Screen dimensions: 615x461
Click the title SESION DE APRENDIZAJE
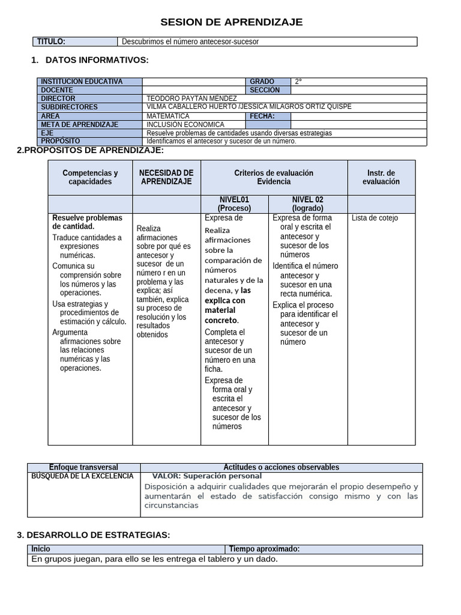click(x=231, y=22)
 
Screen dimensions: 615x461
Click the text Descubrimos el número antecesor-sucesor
click(x=190, y=41)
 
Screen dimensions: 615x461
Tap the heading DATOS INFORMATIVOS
click(x=97, y=59)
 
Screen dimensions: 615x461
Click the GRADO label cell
click(x=262, y=82)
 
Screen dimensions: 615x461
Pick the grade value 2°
click(x=299, y=82)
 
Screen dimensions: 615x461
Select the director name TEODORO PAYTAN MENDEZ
click(x=191, y=98)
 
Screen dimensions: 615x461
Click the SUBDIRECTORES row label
click(x=69, y=107)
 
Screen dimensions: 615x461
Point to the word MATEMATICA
click(x=168, y=116)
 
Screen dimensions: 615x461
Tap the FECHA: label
click(x=262, y=116)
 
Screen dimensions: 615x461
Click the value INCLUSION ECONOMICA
click(x=185, y=124)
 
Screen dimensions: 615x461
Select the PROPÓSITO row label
click(x=61, y=141)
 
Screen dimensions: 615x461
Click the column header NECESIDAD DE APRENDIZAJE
click(x=166, y=177)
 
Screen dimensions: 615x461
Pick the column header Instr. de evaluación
click(x=381, y=177)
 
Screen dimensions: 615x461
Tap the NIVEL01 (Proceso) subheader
click(x=235, y=204)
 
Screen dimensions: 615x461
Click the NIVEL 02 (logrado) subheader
click(x=308, y=204)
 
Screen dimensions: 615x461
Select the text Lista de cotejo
click(x=375, y=218)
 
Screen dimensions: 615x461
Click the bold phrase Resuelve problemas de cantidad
click(x=87, y=222)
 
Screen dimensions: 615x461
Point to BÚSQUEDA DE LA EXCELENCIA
click(x=82, y=476)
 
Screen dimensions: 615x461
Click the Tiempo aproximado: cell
click(x=264, y=549)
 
